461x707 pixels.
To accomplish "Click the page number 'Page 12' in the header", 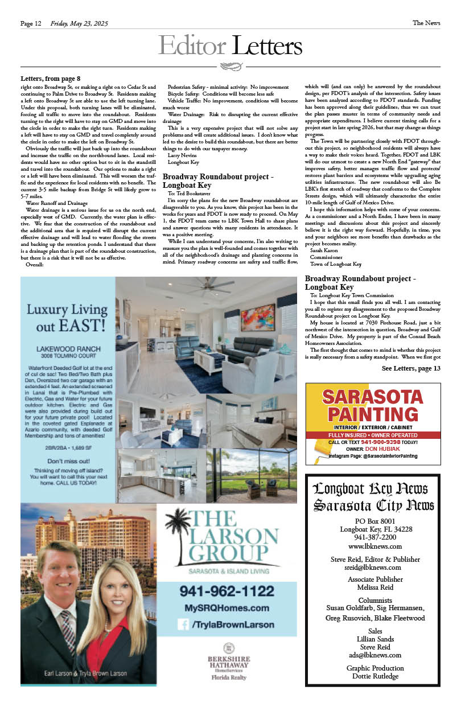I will click(x=31, y=23).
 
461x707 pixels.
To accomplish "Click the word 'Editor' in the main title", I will click(x=193, y=46).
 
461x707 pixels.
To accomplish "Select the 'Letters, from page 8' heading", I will click(x=50, y=78).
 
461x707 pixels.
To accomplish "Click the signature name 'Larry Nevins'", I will click(x=183, y=154).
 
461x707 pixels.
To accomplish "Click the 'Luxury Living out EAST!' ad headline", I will click(x=66, y=318).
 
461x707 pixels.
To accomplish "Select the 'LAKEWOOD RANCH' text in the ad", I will click(x=66, y=348).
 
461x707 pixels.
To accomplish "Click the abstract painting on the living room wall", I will click(x=257, y=318).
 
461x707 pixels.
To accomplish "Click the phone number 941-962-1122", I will click(x=227, y=591).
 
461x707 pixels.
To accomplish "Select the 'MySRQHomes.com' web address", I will click(x=227, y=608).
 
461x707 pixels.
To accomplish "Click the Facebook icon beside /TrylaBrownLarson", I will click(x=183, y=624).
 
